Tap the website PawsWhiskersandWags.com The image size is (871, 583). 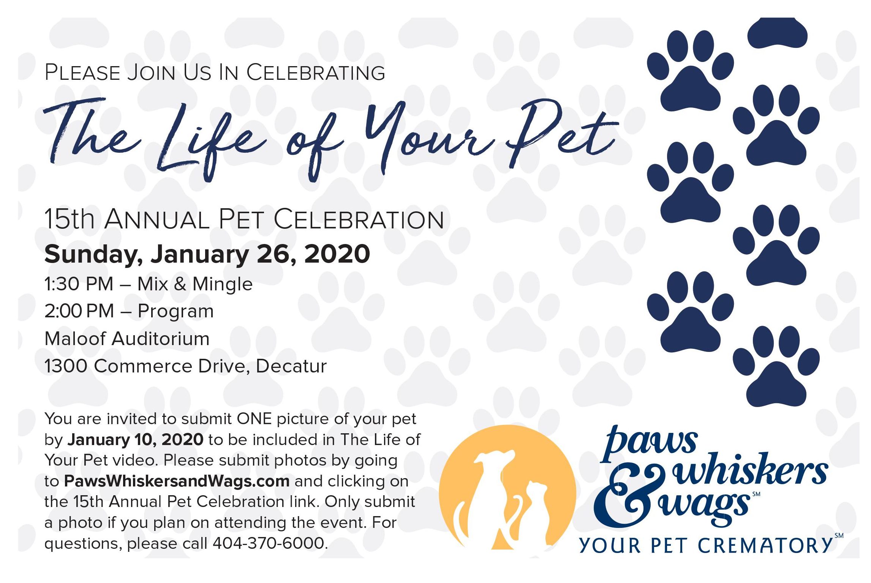(177, 481)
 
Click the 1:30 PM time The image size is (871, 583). (79, 284)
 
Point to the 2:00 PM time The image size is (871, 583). (79, 311)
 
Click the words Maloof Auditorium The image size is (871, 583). (127, 339)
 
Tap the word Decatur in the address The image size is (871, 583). (291, 366)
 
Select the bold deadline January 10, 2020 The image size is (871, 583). (136, 440)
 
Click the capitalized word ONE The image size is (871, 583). (255, 419)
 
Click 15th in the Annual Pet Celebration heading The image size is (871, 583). (70, 219)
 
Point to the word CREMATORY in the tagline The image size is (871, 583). (765, 545)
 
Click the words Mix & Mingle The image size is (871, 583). (195, 284)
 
